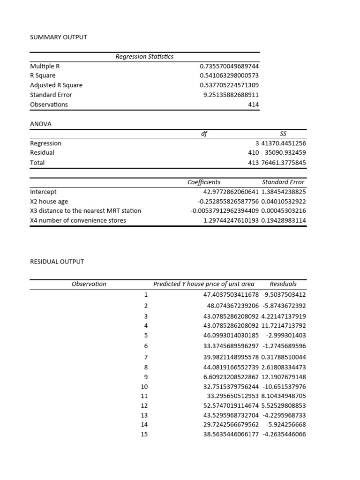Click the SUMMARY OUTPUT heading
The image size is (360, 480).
59,37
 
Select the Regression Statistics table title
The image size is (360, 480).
144,56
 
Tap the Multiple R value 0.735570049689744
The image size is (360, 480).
229,66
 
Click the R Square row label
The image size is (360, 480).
43,75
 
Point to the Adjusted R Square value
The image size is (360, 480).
229,85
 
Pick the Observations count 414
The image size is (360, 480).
253,105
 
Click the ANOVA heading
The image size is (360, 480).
41,124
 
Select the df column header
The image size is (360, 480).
204,134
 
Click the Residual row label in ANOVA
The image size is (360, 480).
42,153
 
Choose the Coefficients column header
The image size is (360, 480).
204,182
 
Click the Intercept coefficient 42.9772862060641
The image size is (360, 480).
225,192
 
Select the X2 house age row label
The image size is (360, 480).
49,201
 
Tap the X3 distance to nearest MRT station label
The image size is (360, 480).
85,210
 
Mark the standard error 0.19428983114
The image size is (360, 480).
284,220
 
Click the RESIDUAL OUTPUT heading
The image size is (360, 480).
57,262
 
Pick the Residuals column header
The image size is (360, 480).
283,284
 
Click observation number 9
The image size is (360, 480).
145,377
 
